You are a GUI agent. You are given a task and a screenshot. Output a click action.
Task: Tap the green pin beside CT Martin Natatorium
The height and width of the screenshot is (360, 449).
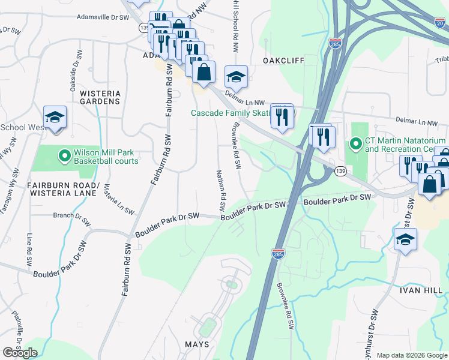coord(355,145)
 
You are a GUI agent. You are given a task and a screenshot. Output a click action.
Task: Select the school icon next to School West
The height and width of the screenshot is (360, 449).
coord(55,117)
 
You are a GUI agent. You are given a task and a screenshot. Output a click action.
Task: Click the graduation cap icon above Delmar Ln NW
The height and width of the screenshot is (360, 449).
coord(236,76)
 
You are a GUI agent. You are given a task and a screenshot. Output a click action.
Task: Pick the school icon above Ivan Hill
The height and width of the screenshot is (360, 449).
coord(406,240)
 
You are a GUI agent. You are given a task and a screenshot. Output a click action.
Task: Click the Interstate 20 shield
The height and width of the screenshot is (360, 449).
coord(440,22)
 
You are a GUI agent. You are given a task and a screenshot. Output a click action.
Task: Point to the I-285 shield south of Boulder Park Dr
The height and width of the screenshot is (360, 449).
coord(278,254)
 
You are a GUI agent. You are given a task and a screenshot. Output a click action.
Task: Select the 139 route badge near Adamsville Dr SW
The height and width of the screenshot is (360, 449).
coord(143,27)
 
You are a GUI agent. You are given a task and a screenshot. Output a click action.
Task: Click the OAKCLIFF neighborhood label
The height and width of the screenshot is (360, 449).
coord(283,61)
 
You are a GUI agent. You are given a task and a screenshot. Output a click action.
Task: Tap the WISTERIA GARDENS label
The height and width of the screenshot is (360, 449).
coord(100,98)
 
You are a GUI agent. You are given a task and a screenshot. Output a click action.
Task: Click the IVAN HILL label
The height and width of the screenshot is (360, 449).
coord(420,290)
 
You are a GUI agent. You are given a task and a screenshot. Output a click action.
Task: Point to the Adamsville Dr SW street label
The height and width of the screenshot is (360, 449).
coord(103,18)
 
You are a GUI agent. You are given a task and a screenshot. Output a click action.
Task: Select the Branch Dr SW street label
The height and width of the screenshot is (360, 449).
coord(72,218)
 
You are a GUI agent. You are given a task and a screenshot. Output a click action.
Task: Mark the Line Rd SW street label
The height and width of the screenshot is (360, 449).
coord(28,247)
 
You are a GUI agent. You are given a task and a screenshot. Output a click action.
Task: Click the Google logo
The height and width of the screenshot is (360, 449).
coord(20,353)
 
